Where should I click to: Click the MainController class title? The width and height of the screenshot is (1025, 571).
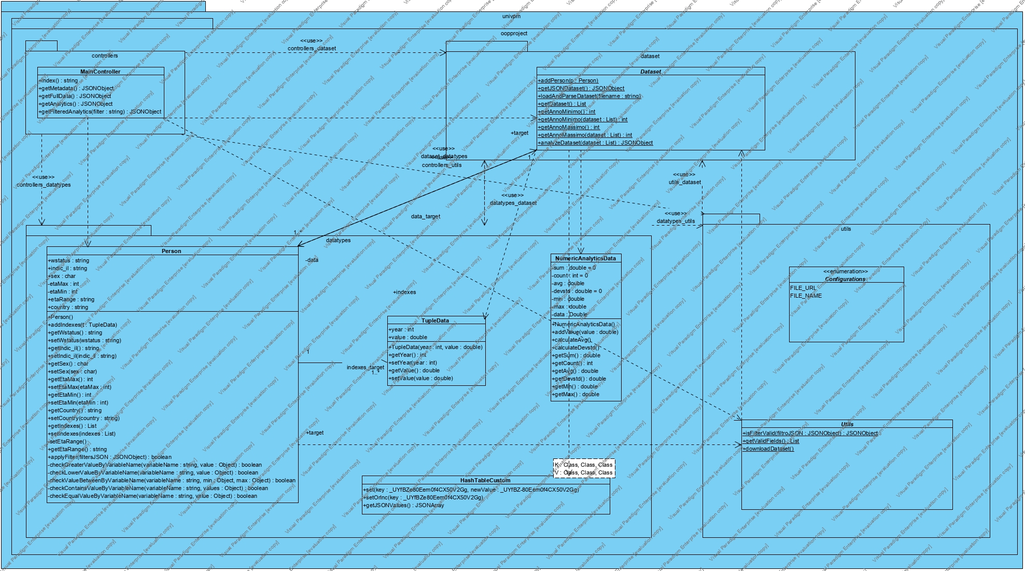pyautogui.click(x=100, y=72)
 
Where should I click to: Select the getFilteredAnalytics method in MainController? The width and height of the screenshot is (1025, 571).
pyautogui.click(x=100, y=112)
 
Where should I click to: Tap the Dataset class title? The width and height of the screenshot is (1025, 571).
pyautogui.click(x=650, y=72)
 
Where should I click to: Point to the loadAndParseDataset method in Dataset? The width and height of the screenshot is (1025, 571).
pyautogui.click(x=589, y=96)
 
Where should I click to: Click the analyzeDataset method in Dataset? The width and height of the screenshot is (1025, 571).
pyautogui.click(x=595, y=143)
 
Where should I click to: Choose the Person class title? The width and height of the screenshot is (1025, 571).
pyautogui.click(x=171, y=251)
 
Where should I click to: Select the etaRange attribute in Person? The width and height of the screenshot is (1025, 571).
pyautogui.click(x=71, y=299)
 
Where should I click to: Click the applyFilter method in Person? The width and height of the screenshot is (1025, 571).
pyautogui.click(x=110, y=457)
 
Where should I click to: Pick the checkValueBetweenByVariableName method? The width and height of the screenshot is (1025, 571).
pyautogui.click(x=172, y=480)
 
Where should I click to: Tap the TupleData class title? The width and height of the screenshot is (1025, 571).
pyautogui.click(x=435, y=321)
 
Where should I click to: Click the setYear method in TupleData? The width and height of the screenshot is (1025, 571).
pyautogui.click(x=413, y=363)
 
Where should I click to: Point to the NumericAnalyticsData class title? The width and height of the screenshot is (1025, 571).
pyautogui.click(x=585, y=258)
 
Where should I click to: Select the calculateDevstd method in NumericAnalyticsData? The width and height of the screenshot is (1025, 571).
pyautogui.click(x=575, y=347)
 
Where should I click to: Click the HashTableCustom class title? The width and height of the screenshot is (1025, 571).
pyautogui.click(x=485, y=480)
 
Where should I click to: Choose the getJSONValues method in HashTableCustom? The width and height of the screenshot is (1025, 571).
pyautogui.click(x=403, y=505)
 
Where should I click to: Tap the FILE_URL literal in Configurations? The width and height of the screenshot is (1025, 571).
pyautogui.click(x=803, y=288)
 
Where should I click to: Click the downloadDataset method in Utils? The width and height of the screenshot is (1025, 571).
pyautogui.click(x=768, y=449)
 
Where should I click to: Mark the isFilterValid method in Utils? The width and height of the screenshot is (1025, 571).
pyautogui.click(x=810, y=433)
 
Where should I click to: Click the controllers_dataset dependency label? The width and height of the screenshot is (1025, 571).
pyautogui.click(x=312, y=48)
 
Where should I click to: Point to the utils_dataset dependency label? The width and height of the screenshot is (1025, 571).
pyautogui.click(x=684, y=182)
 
